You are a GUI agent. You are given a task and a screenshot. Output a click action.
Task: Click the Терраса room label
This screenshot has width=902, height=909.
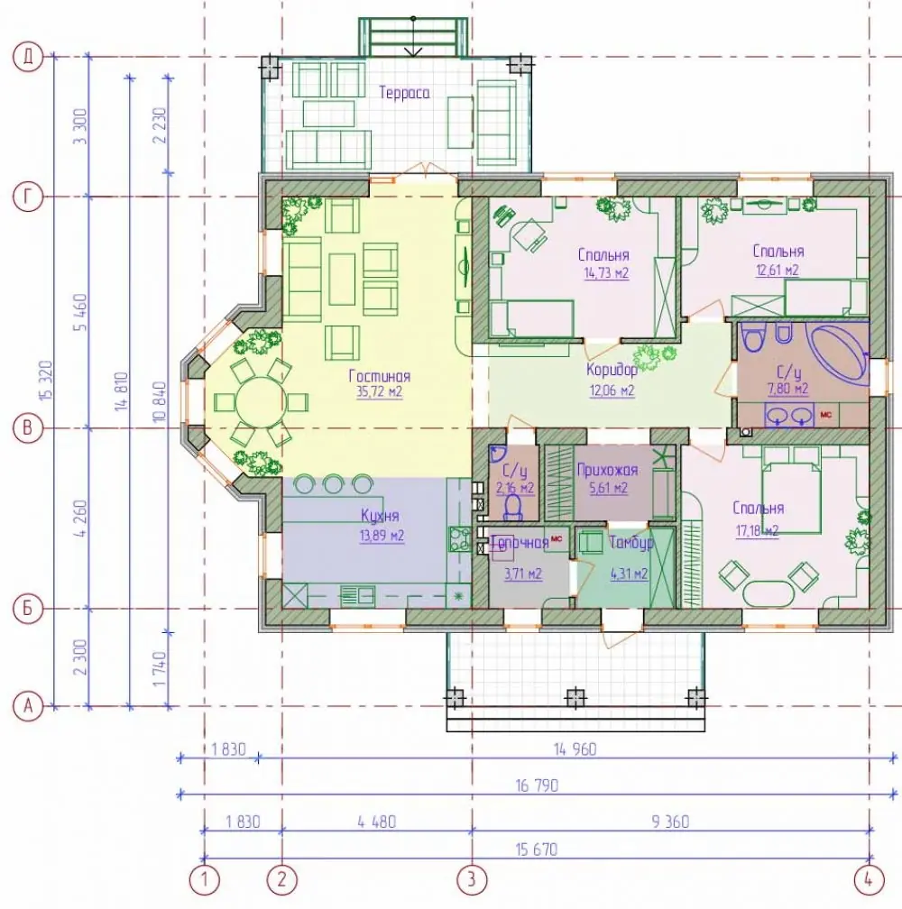pos(404,93)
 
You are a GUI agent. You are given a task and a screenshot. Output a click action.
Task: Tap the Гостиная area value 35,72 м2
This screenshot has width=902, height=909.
pos(379,392)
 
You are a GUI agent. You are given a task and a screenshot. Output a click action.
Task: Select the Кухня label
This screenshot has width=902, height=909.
pos(380,516)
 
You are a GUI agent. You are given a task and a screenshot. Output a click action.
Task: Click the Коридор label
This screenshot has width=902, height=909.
pos(612,370)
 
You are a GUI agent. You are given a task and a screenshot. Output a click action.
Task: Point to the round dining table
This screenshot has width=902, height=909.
pos(261,402)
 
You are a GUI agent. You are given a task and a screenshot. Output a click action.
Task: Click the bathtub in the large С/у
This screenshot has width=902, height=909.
pos(839,354)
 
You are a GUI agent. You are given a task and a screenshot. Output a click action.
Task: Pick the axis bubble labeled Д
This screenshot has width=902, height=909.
pos(28,57)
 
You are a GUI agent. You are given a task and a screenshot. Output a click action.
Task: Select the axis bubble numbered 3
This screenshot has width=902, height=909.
pos(471,879)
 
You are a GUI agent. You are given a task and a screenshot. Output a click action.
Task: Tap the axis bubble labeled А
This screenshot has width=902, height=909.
pos(28,707)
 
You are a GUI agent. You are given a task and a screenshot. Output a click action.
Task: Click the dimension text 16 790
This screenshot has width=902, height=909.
pos(537,785)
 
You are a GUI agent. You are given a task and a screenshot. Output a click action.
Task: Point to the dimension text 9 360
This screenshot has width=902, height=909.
pos(670,822)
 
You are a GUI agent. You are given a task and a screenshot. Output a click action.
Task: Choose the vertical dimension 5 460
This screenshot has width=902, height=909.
pos(80,312)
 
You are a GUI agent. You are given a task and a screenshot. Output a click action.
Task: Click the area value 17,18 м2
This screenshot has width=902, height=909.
pos(757,530)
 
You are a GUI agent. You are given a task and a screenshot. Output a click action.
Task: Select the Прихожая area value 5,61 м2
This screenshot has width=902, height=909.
pos(608,488)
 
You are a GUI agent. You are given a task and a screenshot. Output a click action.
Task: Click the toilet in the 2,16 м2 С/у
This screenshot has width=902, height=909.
pos(513,508)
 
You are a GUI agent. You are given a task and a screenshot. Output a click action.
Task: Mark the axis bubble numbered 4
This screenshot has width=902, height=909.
pos(869,879)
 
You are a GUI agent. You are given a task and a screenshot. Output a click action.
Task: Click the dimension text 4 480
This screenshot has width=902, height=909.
pos(377,822)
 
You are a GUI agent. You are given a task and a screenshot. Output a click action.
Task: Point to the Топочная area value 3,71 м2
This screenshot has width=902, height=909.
pos(523,574)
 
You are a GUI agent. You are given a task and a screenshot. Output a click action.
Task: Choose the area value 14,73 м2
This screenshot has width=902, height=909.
pos(606,273)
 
